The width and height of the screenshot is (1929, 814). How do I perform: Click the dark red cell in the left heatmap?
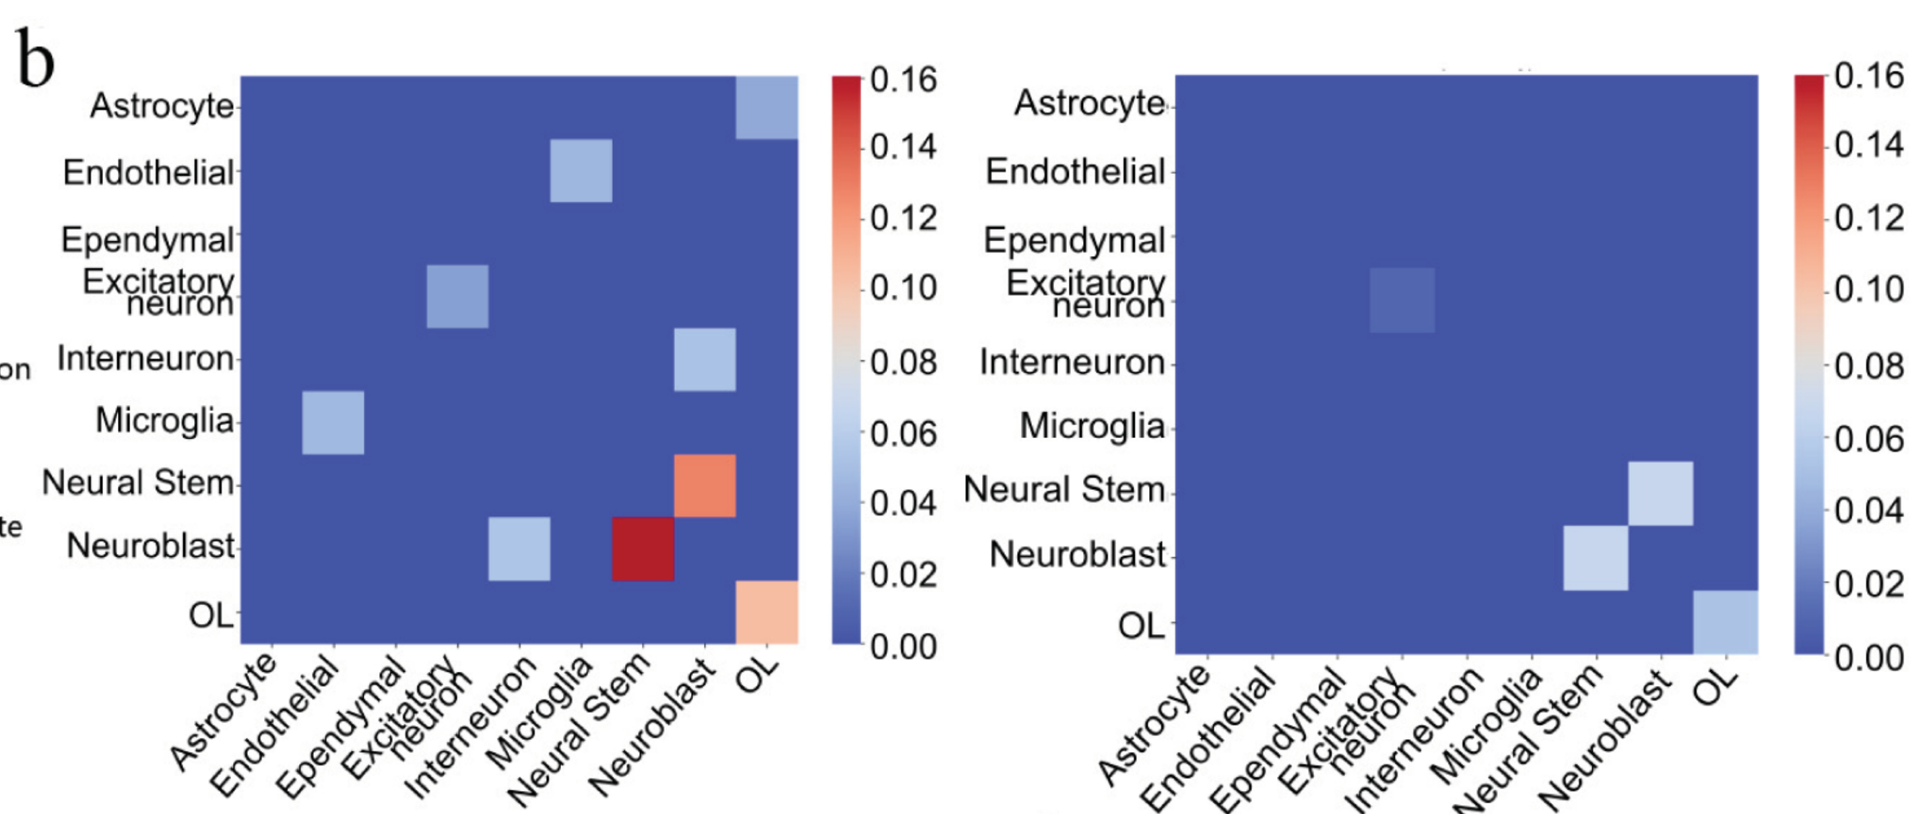tap(643, 549)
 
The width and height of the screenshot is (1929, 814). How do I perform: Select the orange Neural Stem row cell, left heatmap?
tap(705, 485)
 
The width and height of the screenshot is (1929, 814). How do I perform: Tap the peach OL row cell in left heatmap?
tap(766, 612)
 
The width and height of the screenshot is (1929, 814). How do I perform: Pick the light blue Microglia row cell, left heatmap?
tap(333, 422)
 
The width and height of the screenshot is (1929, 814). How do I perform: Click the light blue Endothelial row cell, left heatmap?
tap(581, 170)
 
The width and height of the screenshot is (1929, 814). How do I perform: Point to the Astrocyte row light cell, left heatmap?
tap(766, 108)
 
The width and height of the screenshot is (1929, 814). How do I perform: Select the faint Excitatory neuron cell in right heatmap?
tap(1402, 301)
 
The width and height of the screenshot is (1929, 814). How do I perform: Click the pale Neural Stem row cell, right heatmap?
tap(1660, 493)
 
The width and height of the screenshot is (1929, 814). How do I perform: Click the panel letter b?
tap(34, 59)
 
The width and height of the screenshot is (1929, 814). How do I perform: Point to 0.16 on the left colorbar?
tap(903, 80)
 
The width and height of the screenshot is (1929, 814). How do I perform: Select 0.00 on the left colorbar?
tap(903, 646)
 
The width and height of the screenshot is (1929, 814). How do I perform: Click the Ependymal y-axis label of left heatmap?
tap(148, 241)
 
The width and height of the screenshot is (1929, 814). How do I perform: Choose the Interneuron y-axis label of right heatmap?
tap(1072, 363)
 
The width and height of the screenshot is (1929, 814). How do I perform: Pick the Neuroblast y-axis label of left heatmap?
tap(150, 546)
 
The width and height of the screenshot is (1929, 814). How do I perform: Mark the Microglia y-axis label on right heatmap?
tap(1092, 427)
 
